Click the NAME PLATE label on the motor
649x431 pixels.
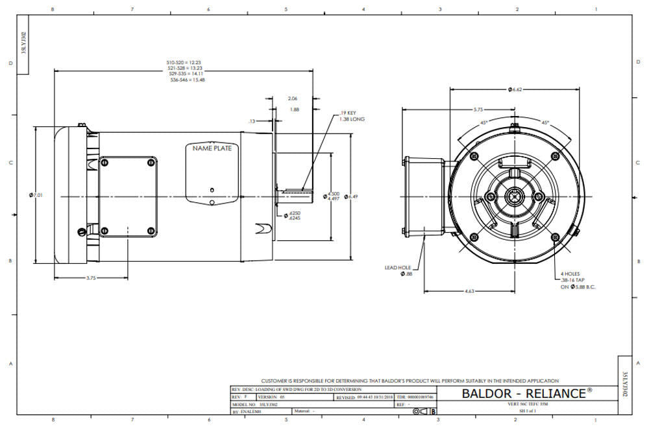(x=212, y=148)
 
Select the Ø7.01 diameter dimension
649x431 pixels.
(x=38, y=195)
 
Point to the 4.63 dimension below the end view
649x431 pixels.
(x=470, y=292)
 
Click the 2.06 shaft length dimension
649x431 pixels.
(x=293, y=98)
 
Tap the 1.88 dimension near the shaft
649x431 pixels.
(x=295, y=110)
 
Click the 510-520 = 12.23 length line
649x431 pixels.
(x=184, y=62)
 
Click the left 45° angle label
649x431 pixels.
(x=484, y=122)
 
